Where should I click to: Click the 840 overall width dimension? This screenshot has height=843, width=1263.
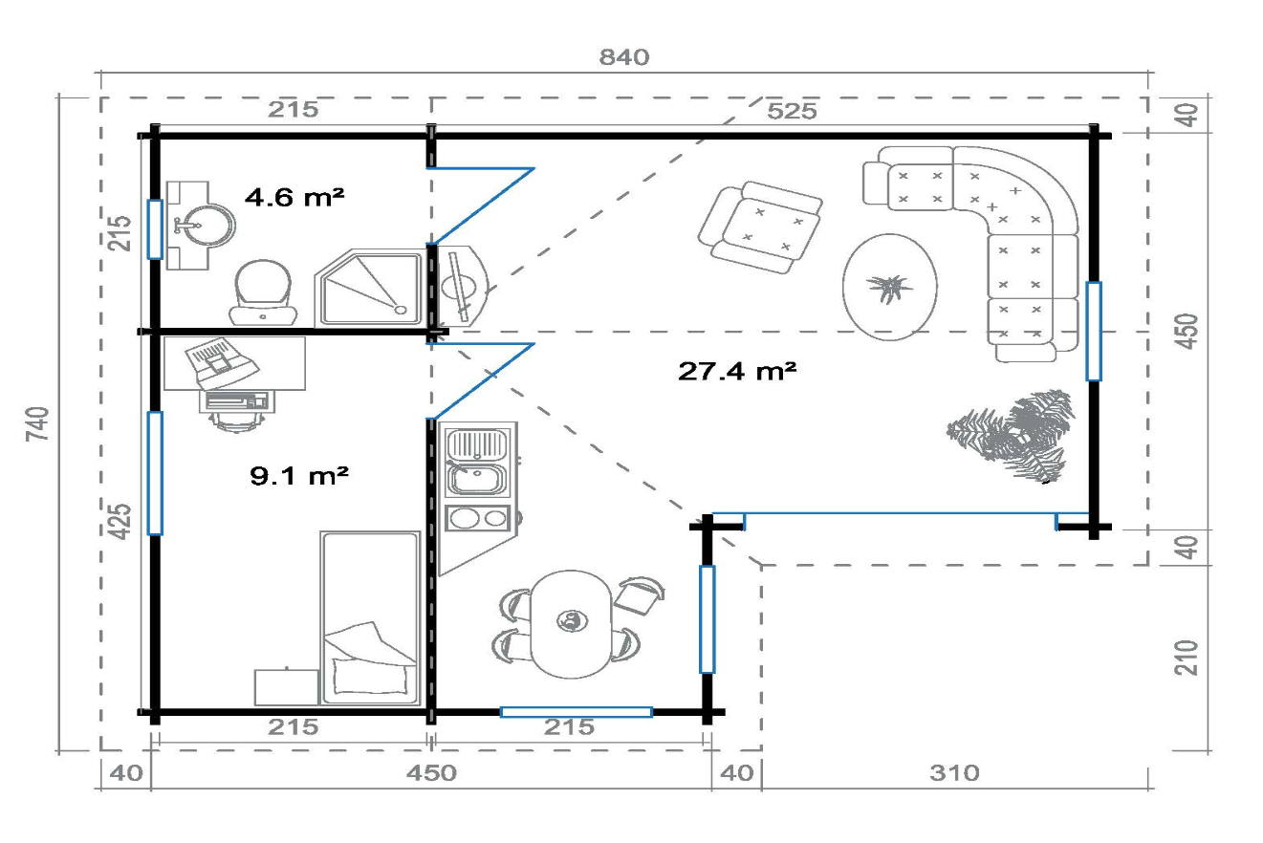coord(624,57)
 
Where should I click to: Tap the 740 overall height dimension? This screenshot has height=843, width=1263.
coord(38,423)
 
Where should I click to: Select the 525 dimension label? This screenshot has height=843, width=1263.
coord(792,111)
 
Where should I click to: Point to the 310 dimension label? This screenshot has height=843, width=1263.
coord(954,772)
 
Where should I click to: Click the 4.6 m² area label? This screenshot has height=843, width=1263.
coord(294,197)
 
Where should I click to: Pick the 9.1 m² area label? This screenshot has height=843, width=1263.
coord(299,476)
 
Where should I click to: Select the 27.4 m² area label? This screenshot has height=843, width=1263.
coord(737,371)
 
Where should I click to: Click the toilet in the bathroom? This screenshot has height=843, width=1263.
coord(263,292)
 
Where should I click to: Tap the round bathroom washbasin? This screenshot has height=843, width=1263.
coord(208,226)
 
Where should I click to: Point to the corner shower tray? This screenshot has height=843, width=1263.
coord(369,288)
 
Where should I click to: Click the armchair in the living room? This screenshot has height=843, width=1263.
coord(760,227)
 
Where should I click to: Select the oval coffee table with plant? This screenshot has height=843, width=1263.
coord(890,288)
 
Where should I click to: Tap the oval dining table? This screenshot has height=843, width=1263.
coord(571,624)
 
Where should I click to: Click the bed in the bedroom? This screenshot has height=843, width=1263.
coord(370,617)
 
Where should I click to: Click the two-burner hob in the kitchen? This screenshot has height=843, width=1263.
coord(478,518)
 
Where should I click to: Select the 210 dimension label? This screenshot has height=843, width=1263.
coord(1186,658)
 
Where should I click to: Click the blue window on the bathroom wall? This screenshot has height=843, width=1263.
coord(155,229)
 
